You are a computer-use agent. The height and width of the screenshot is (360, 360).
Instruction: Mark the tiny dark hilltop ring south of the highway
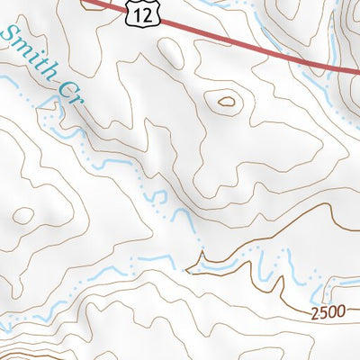click(225, 102)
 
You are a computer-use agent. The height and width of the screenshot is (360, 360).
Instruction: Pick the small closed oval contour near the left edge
click(23, 215)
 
